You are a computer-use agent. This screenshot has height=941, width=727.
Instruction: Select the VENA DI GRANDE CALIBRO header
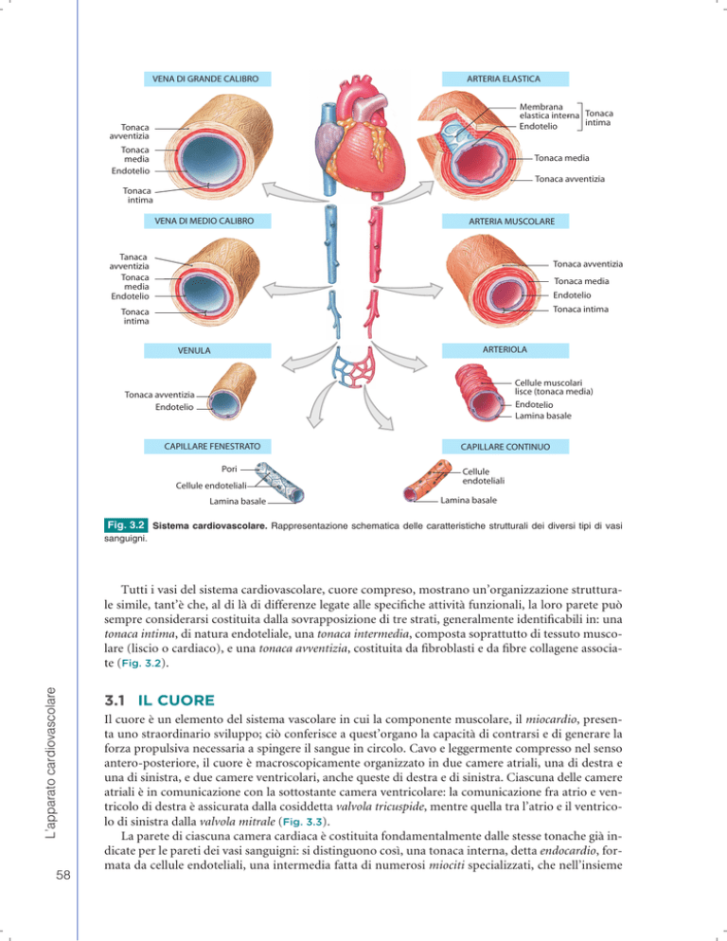[207, 79]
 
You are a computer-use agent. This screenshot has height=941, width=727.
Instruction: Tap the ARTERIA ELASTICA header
[505, 79]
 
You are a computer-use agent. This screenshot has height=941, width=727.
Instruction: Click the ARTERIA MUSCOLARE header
[505, 221]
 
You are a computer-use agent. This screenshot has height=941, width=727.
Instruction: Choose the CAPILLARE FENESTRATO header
[207, 447]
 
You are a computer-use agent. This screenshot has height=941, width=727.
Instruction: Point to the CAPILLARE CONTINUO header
[505, 447]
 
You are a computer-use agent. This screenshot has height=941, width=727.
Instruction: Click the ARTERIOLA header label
[505, 350]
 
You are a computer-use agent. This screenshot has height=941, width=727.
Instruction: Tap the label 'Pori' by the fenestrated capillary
[229, 469]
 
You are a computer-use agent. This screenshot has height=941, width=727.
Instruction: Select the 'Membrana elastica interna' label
[549, 111]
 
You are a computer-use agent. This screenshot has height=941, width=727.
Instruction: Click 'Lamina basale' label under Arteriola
[542, 416]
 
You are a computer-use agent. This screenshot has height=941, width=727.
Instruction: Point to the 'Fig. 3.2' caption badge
[126, 525]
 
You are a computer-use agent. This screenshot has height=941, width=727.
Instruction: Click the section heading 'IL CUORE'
[176, 701]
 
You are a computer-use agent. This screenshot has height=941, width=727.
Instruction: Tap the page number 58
[63, 875]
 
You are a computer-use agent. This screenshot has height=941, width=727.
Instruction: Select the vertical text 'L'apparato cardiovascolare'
[51, 763]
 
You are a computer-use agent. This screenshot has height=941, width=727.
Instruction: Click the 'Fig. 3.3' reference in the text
[303, 822]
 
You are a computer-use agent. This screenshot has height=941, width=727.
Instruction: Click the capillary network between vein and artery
[354, 367]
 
